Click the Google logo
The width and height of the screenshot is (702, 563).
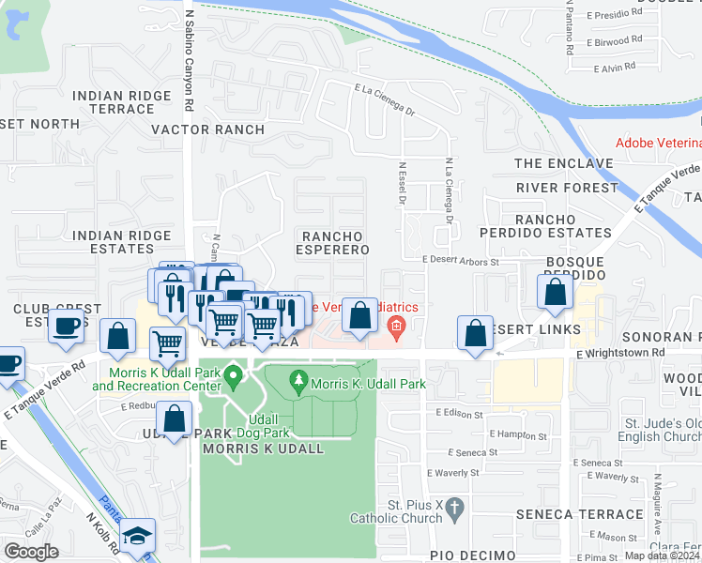tap(31, 552)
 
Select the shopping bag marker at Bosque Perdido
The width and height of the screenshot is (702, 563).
tap(555, 291)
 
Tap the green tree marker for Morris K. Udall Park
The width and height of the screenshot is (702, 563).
tap(298, 380)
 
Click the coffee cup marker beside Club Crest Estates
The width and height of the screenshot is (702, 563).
tap(66, 326)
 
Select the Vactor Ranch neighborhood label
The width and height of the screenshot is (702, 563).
tap(191, 129)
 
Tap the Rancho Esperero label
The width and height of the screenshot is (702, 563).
tap(332, 242)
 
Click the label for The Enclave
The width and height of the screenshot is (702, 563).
tap(563, 163)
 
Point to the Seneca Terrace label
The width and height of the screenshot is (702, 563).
tap(585, 514)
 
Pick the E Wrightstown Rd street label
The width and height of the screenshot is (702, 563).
tap(620, 353)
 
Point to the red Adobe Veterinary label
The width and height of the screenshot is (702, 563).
tap(658, 143)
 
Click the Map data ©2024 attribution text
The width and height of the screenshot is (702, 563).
tap(662, 555)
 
